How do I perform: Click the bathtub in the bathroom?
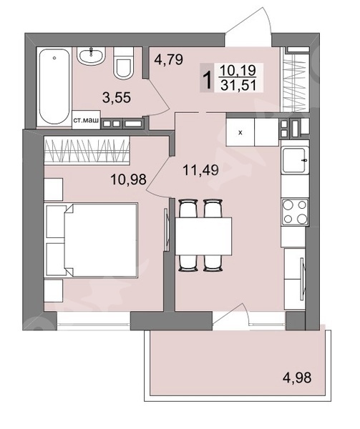pos(54,87)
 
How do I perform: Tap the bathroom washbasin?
pos(91,56)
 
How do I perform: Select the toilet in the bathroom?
pos(123,63)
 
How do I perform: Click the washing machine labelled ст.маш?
pos(86,120)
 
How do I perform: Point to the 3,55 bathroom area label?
pos(117,97)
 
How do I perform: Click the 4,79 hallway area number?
pos(168,59)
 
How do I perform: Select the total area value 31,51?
pos(238,85)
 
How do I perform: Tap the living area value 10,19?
pos(238,70)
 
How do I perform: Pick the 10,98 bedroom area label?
pos(128,179)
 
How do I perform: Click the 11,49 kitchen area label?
pos(200,170)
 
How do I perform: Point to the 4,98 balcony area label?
pos(297,378)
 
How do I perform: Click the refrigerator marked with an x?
pos(240,132)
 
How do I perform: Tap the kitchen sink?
pos(295,160)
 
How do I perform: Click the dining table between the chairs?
pos(203,237)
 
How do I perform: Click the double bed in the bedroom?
pos(90,240)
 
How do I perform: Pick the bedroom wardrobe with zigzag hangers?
pos(87,152)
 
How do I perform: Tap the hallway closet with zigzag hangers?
pos(294,79)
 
